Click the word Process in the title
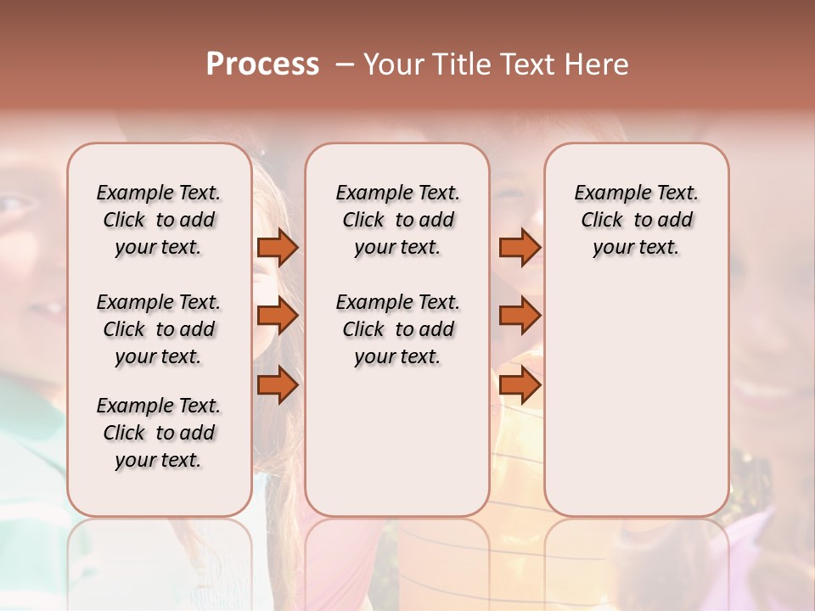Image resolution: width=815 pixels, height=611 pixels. [x=262, y=64]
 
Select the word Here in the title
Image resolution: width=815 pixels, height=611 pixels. [x=595, y=64]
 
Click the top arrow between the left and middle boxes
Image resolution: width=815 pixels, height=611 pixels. [x=278, y=247]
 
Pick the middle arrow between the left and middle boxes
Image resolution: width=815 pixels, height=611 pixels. [x=278, y=316]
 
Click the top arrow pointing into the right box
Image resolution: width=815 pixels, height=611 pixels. [x=520, y=247]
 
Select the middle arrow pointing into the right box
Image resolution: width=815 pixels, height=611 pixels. [x=520, y=316]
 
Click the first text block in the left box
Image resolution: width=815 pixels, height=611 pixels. [x=158, y=220]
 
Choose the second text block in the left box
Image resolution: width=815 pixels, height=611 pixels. [x=158, y=329]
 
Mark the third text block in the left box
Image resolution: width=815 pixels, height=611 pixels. [x=158, y=433]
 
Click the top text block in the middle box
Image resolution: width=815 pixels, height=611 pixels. [x=397, y=220]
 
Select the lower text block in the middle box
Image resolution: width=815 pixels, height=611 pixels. [x=397, y=329]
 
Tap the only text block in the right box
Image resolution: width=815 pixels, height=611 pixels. [x=636, y=220]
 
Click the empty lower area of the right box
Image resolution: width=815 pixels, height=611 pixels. [x=636, y=399]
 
